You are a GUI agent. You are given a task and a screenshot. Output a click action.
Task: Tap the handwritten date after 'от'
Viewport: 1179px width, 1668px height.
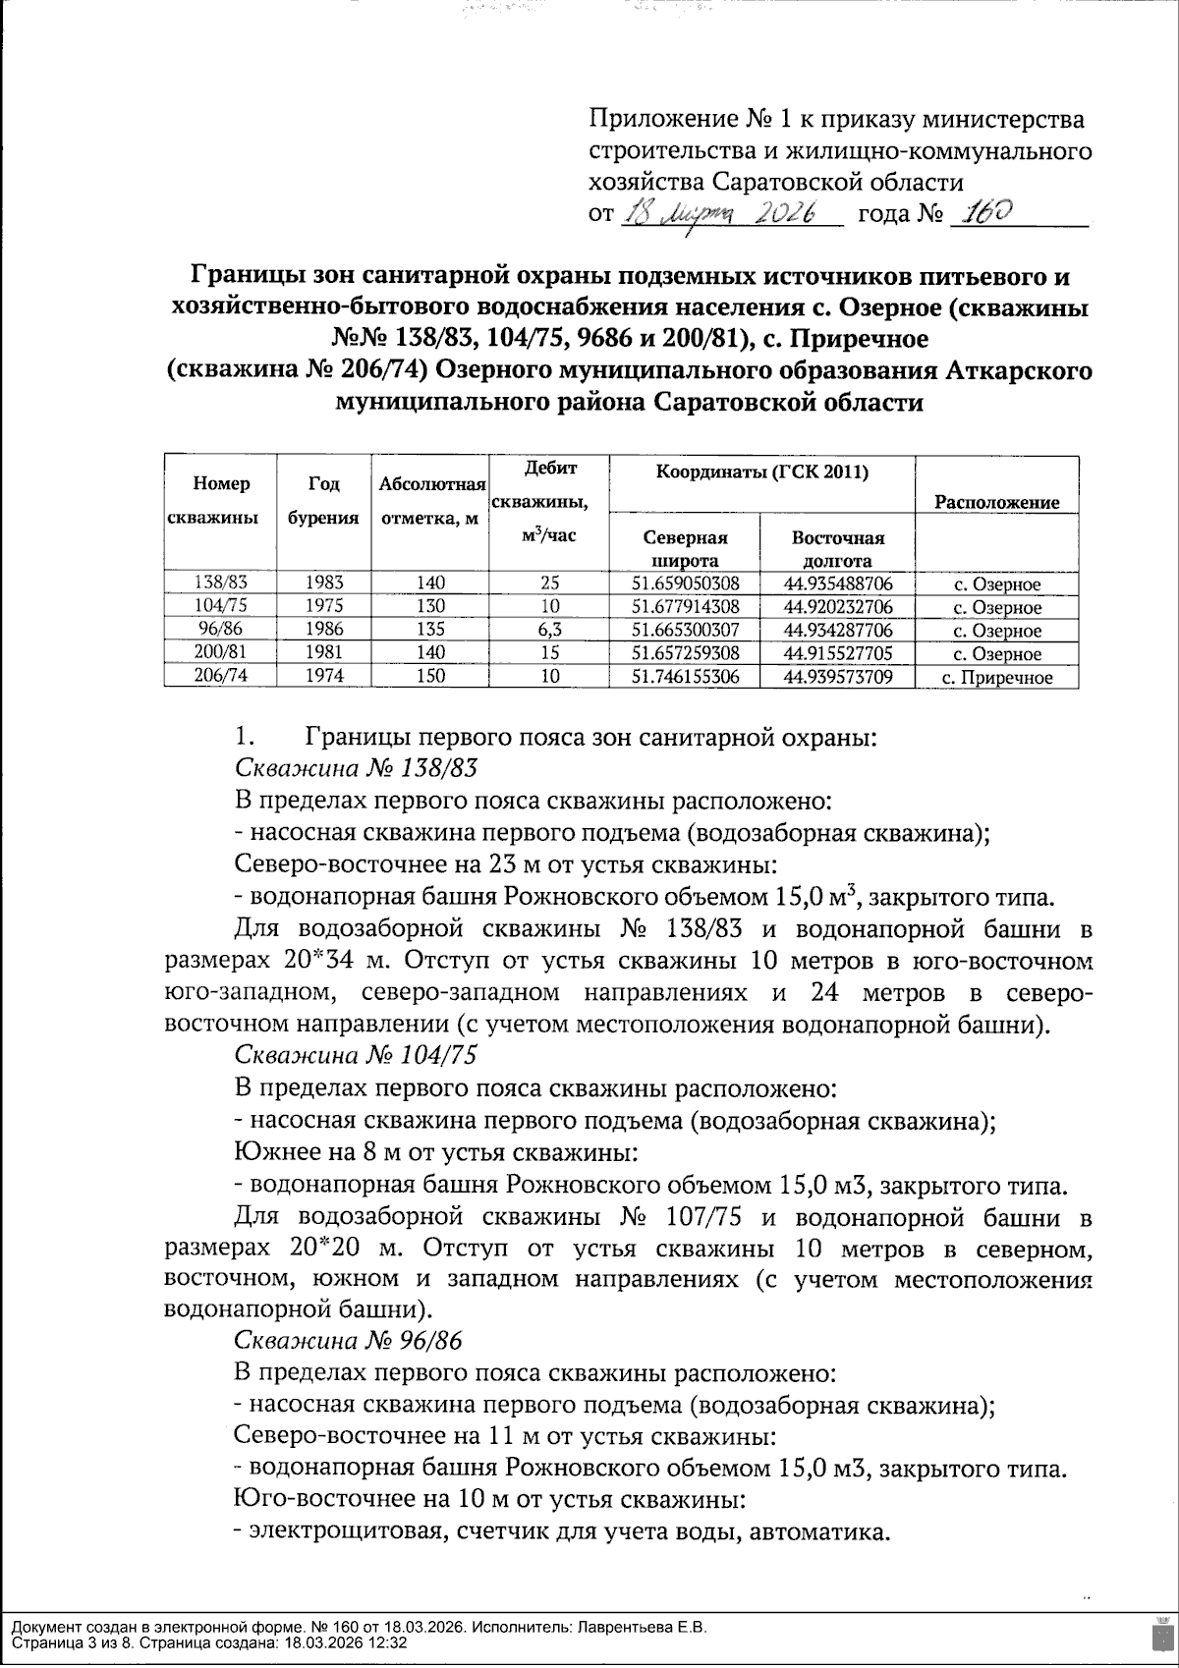tap(731, 213)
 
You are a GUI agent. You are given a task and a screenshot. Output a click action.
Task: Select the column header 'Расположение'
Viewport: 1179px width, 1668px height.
tap(996, 503)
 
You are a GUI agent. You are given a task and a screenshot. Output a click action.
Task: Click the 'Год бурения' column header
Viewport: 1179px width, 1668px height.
tap(322, 500)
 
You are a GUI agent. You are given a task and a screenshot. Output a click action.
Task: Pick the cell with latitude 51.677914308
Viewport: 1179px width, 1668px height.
tap(686, 606)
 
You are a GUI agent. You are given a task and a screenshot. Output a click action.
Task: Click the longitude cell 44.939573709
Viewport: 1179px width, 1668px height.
tap(838, 676)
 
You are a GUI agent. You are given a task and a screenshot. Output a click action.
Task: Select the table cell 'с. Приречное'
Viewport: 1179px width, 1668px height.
tap(996, 677)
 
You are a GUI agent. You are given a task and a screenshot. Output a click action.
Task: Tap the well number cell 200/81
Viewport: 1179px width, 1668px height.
tap(221, 652)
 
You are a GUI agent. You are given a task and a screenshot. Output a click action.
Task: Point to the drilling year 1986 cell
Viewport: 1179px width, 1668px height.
tap(324, 630)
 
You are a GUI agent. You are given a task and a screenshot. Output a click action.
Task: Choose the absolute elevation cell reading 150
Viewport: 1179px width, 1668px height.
tap(429, 676)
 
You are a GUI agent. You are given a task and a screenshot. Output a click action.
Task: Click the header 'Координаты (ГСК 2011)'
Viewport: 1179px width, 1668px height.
tap(761, 473)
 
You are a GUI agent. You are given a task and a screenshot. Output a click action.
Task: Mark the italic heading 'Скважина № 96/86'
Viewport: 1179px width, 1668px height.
tap(348, 1341)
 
